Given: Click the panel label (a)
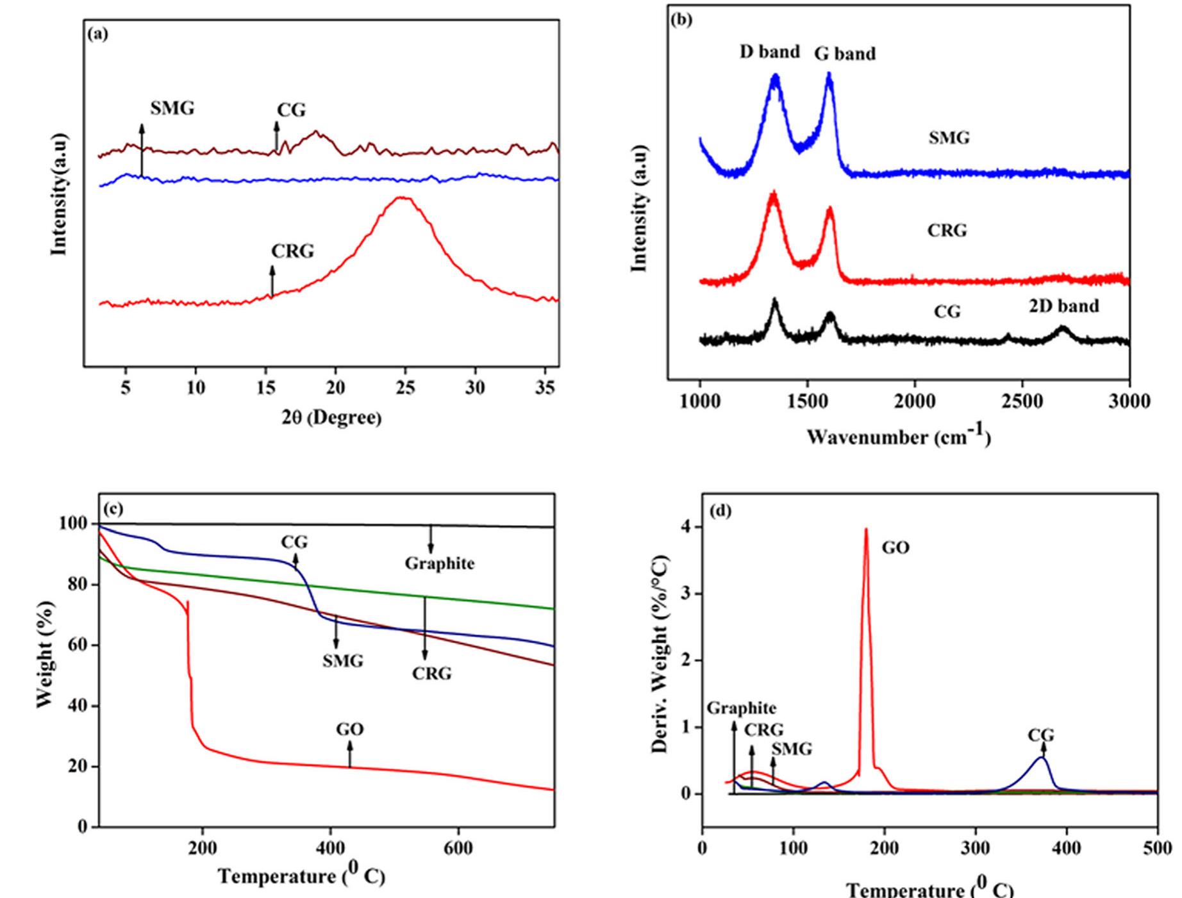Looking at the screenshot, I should (x=97, y=35).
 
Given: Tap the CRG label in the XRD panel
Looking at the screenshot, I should (x=292, y=251).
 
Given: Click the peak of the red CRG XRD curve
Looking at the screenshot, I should (x=403, y=198).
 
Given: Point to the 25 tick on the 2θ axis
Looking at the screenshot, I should (x=405, y=387).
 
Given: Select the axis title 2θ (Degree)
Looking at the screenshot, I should (x=331, y=418).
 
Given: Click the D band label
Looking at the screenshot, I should (x=769, y=52).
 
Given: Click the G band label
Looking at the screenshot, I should (x=845, y=54).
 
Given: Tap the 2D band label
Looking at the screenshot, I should (x=1064, y=306).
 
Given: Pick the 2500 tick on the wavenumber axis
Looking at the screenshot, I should (x=1022, y=401).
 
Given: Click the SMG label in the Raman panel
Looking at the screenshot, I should (x=949, y=138).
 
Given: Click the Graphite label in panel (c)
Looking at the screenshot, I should (x=440, y=563).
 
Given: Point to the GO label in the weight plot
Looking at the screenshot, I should (x=349, y=729).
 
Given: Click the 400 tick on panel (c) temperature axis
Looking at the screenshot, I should (x=330, y=848).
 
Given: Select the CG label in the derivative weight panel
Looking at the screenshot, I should (x=1041, y=735).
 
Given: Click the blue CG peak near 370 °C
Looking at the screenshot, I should (x=1042, y=758).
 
